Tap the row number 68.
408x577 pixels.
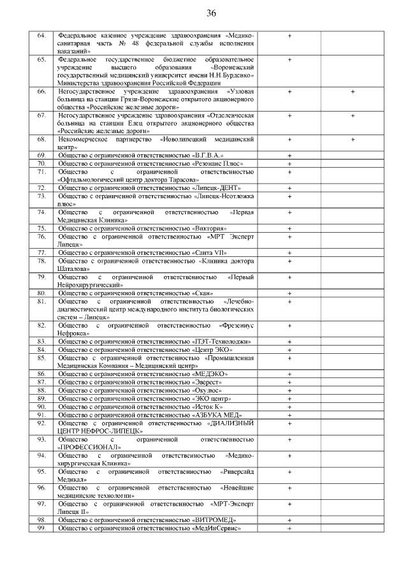[x=41, y=139]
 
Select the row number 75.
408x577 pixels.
[x=41, y=228]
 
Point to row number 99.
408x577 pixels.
[x=41, y=529]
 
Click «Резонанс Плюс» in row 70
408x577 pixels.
[x=217, y=164]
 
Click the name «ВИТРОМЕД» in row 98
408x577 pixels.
[x=214, y=520]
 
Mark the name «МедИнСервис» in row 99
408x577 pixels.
[x=217, y=529]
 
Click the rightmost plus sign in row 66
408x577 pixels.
[x=353, y=92]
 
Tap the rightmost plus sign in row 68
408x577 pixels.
[x=353, y=139]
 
